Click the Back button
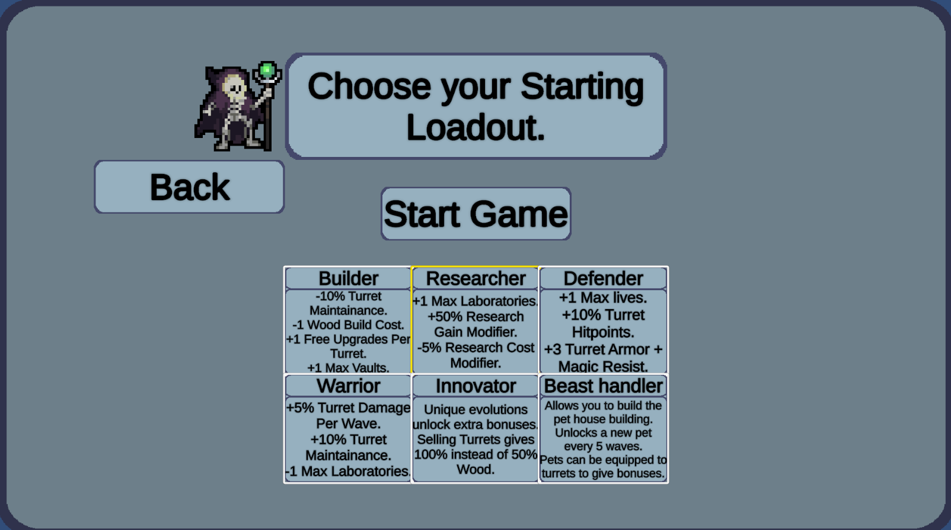(x=189, y=187)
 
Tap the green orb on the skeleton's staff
(x=267, y=70)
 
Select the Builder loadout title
(x=348, y=278)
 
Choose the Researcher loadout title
(x=475, y=278)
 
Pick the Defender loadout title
(x=603, y=278)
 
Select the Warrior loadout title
(x=348, y=386)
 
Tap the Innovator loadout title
(x=475, y=386)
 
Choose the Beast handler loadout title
(x=603, y=386)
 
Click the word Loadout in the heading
(x=475, y=127)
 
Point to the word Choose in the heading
(x=369, y=86)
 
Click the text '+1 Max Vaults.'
(x=348, y=368)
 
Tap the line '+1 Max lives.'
(x=603, y=298)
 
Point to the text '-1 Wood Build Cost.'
(x=348, y=325)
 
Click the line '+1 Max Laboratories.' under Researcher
(x=475, y=301)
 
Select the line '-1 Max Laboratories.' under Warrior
(x=348, y=471)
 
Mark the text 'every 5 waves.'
(x=603, y=446)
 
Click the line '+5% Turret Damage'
(x=348, y=407)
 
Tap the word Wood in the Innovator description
(x=475, y=470)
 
